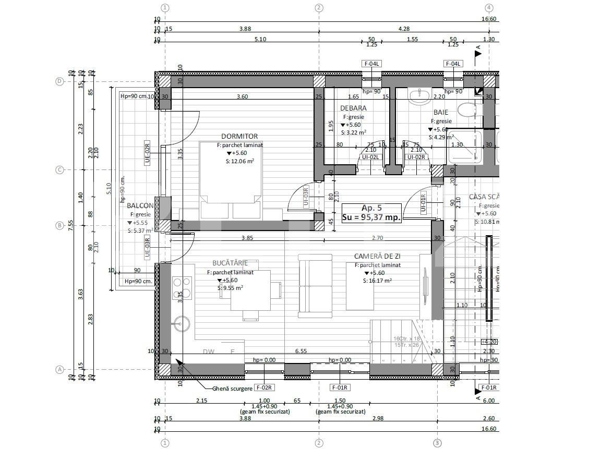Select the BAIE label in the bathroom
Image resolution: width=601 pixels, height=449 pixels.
click(440, 112)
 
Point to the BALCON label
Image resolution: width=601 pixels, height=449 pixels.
click(140, 205)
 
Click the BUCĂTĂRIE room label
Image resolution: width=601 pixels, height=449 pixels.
click(230, 263)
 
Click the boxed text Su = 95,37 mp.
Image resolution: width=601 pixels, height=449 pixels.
click(372, 218)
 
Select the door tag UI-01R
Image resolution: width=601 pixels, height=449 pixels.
click(423, 202)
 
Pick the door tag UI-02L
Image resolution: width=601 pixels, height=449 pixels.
click(371, 156)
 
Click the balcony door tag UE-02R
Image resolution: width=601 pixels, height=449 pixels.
click(148, 153)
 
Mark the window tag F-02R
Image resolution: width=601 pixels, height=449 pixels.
click(265, 387)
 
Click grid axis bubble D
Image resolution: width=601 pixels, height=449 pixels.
click(59, 81)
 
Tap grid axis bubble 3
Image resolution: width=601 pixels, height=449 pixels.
click(437, 443)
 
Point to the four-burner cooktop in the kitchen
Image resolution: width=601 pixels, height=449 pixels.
click(182, 288)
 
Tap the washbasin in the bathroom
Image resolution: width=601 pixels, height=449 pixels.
click(419, 96)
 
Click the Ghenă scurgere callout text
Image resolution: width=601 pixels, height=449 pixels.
click(233, 389)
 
